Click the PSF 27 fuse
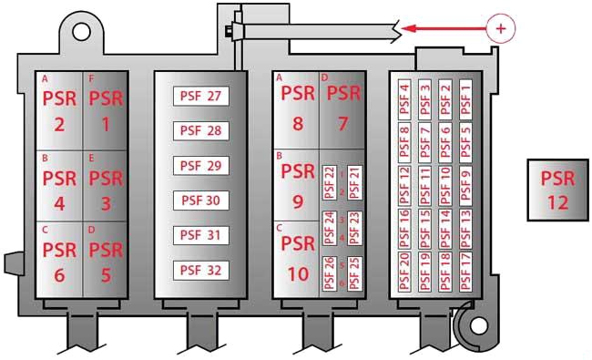tap(201, 96)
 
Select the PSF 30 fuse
tap(201, 201)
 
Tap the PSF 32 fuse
tap(201, 270)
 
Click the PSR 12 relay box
tap(558, 190)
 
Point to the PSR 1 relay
tap(106, 110)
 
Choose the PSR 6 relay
tap(59, 261)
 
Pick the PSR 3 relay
tap(106, 186)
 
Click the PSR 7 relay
tap(342, 110)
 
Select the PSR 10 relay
tap(297, 260)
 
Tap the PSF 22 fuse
tap(330, 182)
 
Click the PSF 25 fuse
tap(354, 273)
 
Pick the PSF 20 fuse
tap(404, 272)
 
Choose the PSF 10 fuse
tap(445, 186)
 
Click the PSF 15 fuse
tap(424, 229)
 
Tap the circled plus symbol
tap(501, 28)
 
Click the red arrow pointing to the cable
tap(444, 28)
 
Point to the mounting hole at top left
tap(81, 32)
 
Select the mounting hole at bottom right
tap(479, 325)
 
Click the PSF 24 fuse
tap(330, 228)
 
